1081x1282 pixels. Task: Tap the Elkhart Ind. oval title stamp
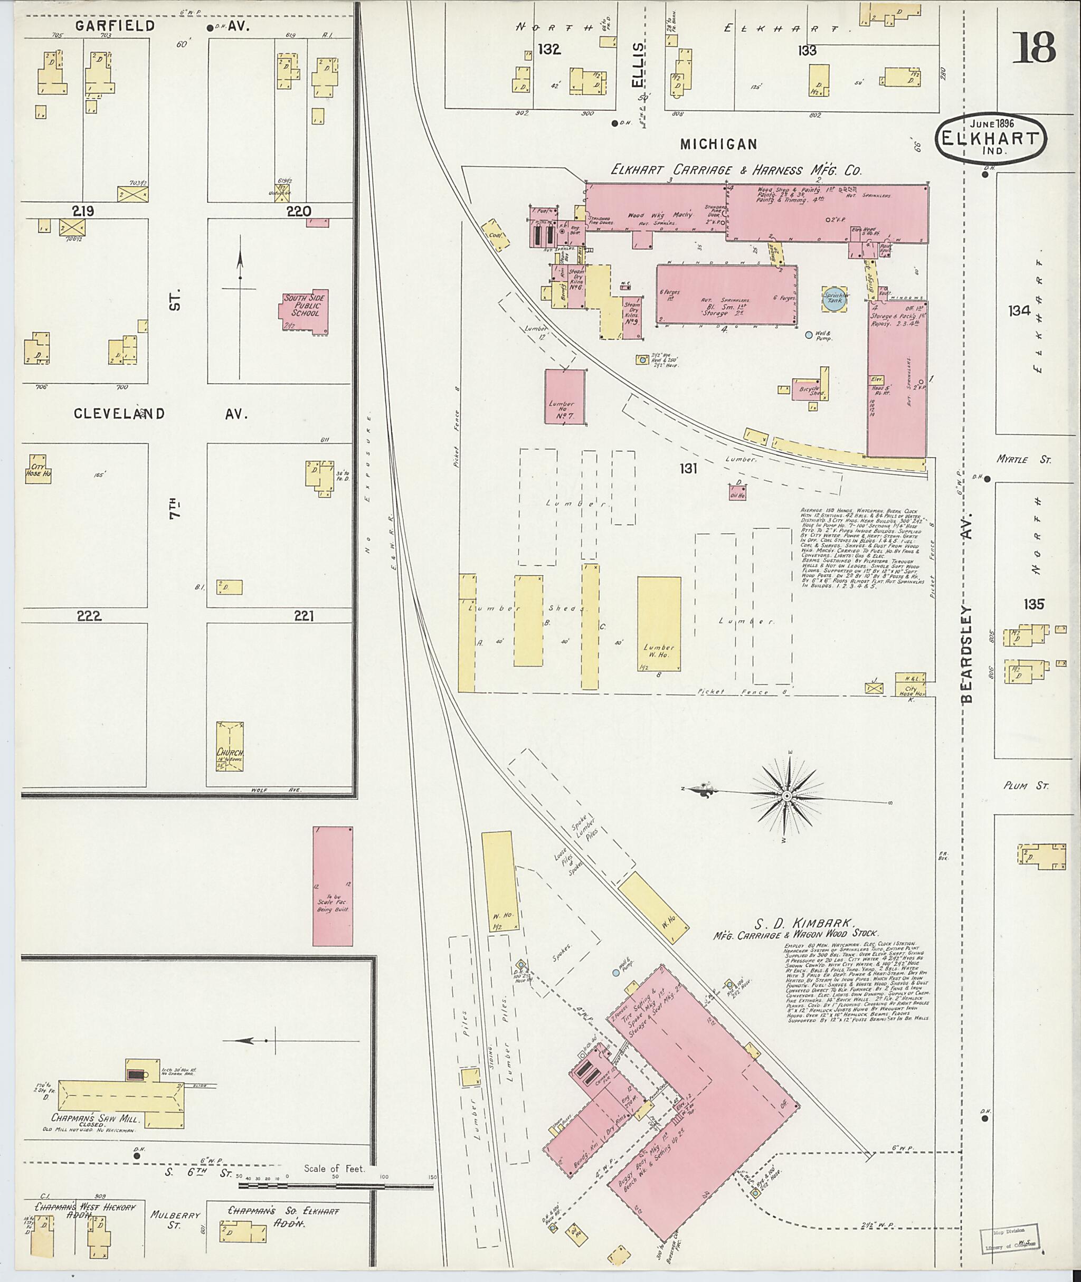point(991,139)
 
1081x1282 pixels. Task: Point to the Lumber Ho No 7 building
point(564,396)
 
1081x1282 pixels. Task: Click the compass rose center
point(786,795)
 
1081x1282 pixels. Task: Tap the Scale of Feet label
point(334,1169)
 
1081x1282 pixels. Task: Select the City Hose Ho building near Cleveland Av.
point(37,469)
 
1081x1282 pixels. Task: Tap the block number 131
point(688,468)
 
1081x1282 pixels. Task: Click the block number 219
point(83,212)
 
